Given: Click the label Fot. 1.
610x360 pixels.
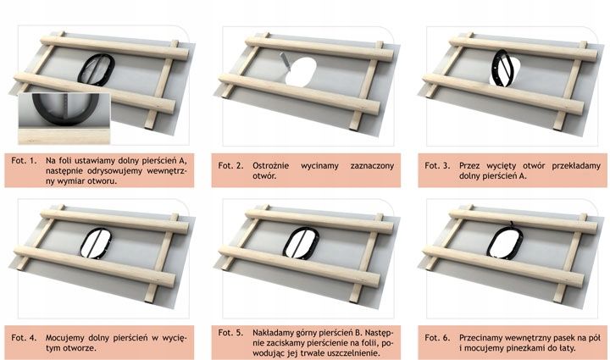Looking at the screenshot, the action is pyautogui.click(x=24, y=161).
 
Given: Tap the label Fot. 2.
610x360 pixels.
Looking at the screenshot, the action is pyautogui.click(x=230, y=166).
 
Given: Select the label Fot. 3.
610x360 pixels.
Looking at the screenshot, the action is pyautogui.click(x=437, y=166).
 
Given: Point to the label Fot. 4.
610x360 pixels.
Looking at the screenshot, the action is pyautogui.click(x=24, y=338).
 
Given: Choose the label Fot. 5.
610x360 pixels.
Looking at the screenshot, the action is pyautogui.click(x=230, y=333).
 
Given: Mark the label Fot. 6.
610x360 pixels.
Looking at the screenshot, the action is pyautogui.click(x=437, y=338).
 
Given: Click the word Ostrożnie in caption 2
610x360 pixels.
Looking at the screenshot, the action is pyautogui.click(x=271, y=166).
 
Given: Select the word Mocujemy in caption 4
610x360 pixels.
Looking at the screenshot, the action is pyautogui.click(x=63, y=338).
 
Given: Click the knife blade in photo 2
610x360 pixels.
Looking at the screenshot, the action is pyautogui.click(x=285, y=62).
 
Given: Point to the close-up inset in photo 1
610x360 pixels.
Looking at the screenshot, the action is pyautogui.click(x=64, y=119).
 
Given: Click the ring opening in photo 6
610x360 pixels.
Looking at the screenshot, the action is pyautogui.click(x=504, y=242).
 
